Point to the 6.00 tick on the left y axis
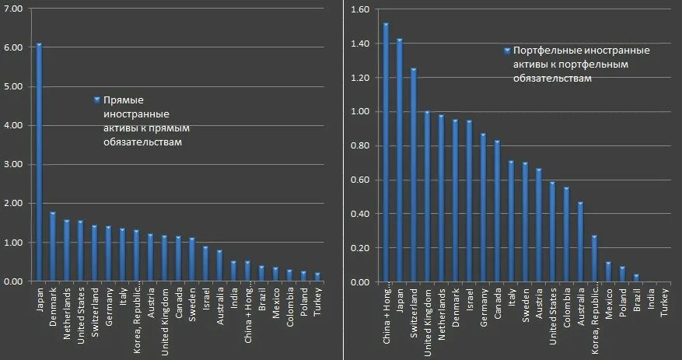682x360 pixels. pos(15,47)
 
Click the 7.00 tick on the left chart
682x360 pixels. pos(15,9)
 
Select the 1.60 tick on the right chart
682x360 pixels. pos(359,9)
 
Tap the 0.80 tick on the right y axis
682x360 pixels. pos(359,145)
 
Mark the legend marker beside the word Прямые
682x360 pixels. pos(97,100)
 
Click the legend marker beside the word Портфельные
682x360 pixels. pos(507,51)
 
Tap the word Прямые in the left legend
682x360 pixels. pos(124,100)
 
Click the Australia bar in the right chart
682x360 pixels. pos(580,242)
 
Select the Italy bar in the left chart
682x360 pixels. pos(123,254)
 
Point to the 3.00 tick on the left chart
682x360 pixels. pos(15,164)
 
